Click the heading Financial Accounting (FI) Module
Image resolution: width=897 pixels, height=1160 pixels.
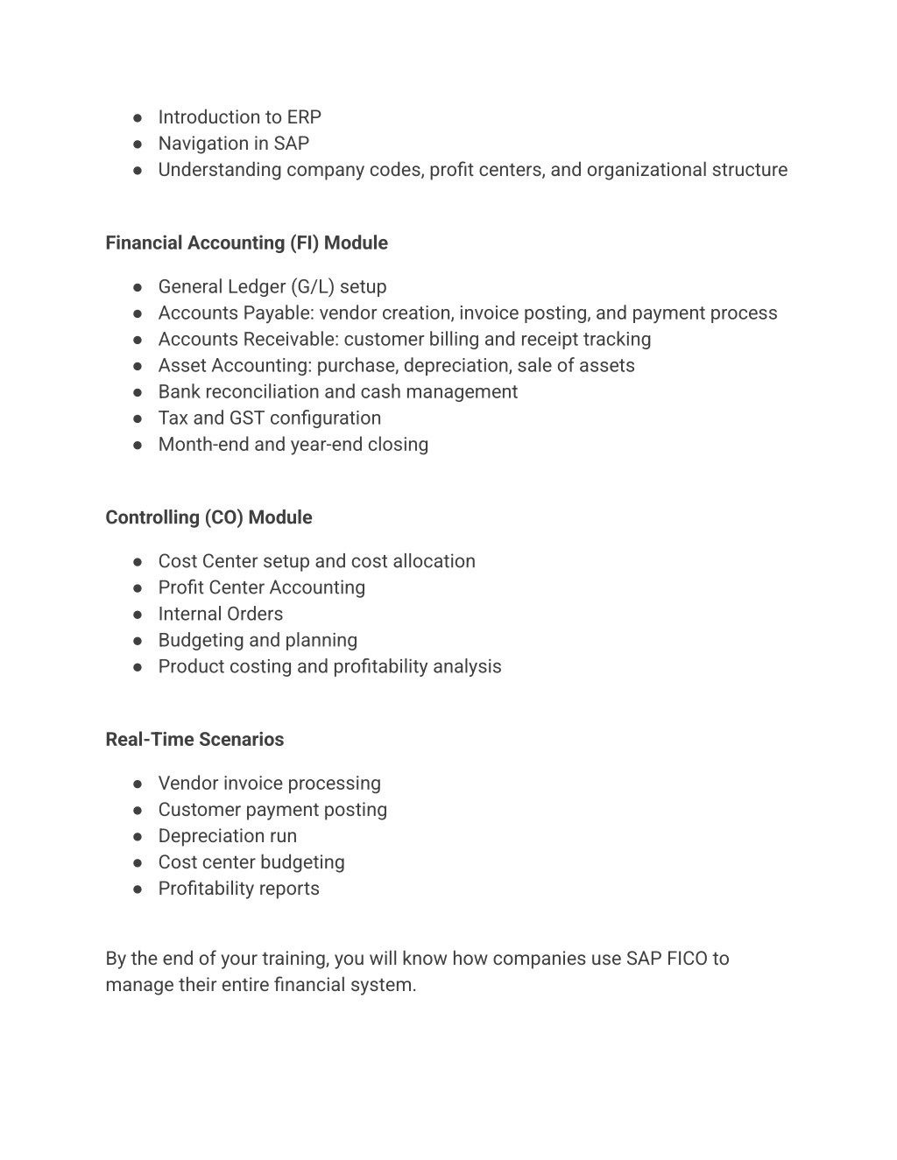click(x=246, y=243)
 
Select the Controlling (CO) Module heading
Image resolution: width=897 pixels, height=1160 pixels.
click(x=208, y=517)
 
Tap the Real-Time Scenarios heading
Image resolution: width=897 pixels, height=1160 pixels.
click(x=194, y=740)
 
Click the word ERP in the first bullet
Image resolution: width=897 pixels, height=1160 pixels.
click(x=304, y=117)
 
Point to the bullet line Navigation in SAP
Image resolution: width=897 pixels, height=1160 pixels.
click(x=233, y=144)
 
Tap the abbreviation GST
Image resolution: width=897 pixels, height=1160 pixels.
click(x=246, y=418)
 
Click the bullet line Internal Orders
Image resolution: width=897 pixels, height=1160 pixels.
click(x=220, y=615)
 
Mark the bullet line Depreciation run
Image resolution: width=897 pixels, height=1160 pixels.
click(x=227, y=836)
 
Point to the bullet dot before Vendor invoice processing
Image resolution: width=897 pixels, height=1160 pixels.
click(x=138, y=784)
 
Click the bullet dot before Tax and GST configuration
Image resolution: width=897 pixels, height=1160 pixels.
click(x=138, y=419)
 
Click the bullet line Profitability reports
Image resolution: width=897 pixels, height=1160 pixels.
click(x=238, y=889)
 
